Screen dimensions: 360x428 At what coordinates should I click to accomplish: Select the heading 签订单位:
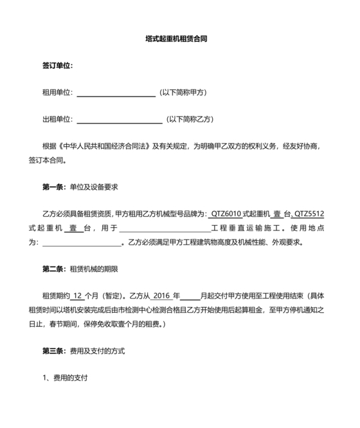pyautogui.click(x=57, y=66)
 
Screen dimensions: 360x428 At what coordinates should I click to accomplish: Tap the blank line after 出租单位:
pyautogui.click(x=119, y=119)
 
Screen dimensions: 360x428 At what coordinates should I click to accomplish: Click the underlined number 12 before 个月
pyautogui.click(x=77, y=296)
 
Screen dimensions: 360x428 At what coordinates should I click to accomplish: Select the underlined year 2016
pyautogui.click(x=161, y=296)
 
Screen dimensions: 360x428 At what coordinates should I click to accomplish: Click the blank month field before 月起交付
pyautogui.click(x=190, y=296)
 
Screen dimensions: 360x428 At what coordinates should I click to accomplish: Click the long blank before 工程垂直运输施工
pyautogui.click(x=165, y=228)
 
